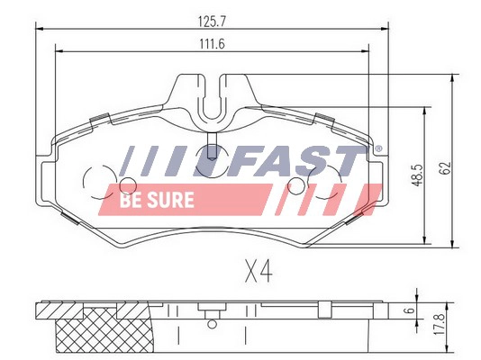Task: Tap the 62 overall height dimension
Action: (443, 167)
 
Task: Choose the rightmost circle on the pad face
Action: (300, 187)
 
